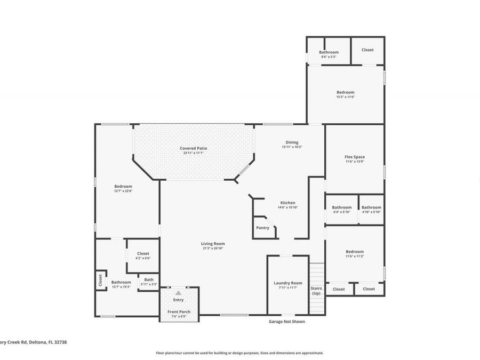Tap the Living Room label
[x=213, y=243]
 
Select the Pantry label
[x=262, y=228]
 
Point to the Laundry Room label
[x=288, y=283]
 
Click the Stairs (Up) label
[x=316, y=291]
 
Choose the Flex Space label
[x=355, y=157]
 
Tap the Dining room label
[x=292, y=142]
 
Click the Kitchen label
[x=288, y=203]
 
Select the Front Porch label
[x=179, y=311]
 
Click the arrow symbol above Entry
[x=179, y=293]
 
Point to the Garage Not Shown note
[x=287, y=322]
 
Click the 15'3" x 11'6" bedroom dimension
[x=346, y=97]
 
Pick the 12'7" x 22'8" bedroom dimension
[x=123, y=191]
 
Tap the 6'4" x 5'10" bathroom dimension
[x=342, y=212]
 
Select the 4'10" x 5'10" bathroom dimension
[x=371, y=212]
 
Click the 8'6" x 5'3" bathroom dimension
[x=329, y=57]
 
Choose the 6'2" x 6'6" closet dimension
[x=143, y=258]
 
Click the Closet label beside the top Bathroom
[x=367, y=50]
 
